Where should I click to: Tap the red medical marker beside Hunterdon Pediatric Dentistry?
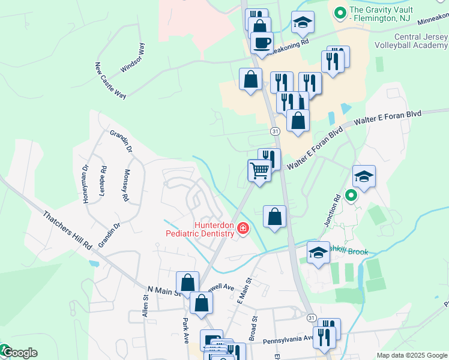[243, 228]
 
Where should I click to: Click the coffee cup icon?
[261, 43]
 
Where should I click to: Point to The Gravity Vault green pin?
[340, 11]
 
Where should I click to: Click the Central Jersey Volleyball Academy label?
[411, 41]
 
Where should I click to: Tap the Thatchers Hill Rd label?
[67, 230]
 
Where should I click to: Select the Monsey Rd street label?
[126, 185]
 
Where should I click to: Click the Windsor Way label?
[133, 58]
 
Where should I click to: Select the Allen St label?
[145, 305]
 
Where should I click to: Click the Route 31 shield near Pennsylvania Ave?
[310, 317]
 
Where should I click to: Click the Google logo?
[20, 353]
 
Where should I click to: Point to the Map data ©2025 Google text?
[411, 355]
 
